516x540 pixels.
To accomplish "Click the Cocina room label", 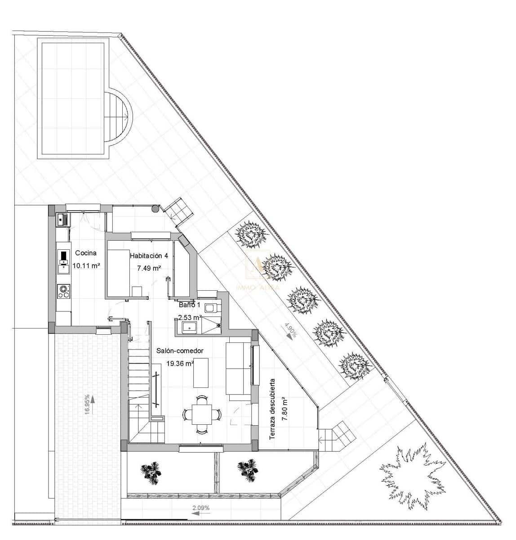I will click(85, 253).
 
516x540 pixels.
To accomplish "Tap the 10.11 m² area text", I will click(86, 266).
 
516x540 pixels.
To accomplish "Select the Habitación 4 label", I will click(149, 256).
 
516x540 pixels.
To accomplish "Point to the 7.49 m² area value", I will click(149, 268).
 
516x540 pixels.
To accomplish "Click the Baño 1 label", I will click(189, 305).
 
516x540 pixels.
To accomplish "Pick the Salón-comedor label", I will click(180, 351).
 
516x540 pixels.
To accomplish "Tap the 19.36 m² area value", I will click(180, 364).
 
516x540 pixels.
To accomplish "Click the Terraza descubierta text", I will click(272, 409).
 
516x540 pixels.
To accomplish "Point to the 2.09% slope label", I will click(201, 508).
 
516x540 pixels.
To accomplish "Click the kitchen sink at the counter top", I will click(62, 220).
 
